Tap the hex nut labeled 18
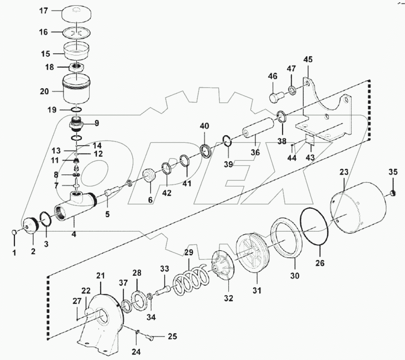point(77,67)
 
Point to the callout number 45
point(307,59)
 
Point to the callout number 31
point(257,291)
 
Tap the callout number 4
point(74,235)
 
